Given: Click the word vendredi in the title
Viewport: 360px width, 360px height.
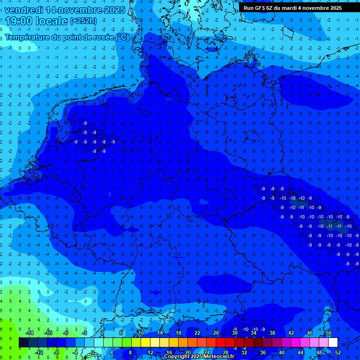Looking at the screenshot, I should coord(23,9).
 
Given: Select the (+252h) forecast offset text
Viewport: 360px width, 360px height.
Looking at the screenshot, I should coord(83,21).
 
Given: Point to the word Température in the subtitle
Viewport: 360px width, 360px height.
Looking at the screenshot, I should coord(29,37).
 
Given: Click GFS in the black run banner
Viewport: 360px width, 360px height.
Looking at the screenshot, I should coord(260,8).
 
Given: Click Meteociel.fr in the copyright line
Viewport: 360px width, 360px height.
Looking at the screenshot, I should coord(219,357).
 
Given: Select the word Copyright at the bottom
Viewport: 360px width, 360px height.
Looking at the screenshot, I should coord(177,357).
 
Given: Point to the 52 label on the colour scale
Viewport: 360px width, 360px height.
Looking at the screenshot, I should coord(338,352).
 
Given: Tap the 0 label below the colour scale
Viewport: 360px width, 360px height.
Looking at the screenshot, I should coord(93,352).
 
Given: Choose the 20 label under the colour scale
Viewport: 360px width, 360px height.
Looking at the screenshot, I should coord(187,352).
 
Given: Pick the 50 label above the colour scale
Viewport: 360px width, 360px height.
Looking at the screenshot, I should coord(329,333).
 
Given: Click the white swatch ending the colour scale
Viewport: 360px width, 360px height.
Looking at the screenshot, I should coord(333,343).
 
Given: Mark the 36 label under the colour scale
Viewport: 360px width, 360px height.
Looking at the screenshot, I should coord(262,352).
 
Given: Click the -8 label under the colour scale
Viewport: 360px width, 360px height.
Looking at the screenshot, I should coord(56,352).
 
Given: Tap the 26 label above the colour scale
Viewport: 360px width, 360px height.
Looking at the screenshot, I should coord(216,333).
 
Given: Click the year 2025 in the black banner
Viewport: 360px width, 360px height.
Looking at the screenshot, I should coord(335,8).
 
